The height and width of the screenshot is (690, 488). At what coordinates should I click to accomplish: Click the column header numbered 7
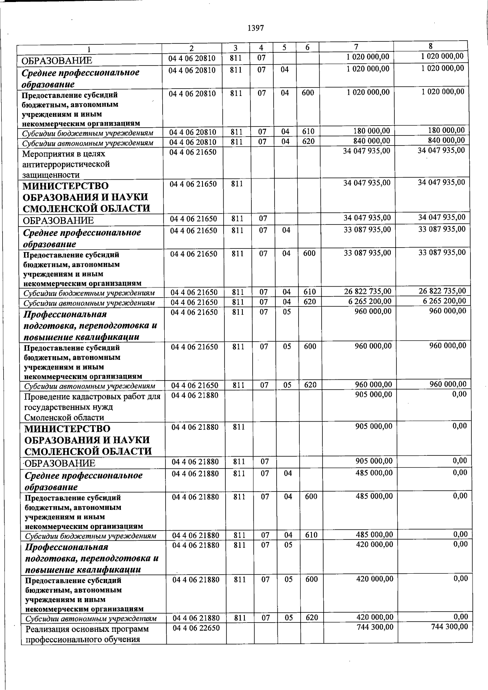[x=356, y=46]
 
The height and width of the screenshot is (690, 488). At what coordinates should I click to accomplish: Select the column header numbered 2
[x=192, y=48]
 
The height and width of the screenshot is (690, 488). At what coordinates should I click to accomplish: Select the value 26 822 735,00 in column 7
[x=368, y=292]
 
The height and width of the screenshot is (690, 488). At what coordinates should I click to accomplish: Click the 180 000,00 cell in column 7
[x=370, y=131]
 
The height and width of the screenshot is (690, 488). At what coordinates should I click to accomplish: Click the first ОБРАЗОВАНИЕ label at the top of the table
[x=57, y=61]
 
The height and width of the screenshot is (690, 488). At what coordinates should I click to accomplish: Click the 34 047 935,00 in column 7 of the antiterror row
[x=367, y=151]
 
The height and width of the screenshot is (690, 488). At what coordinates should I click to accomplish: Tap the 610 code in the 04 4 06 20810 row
[x=308, y=131]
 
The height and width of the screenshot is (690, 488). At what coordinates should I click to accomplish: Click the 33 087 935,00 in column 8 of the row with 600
[x=442, y=252]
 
